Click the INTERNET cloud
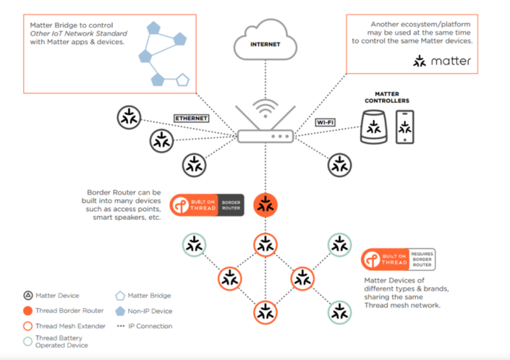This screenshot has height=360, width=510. [265, 45]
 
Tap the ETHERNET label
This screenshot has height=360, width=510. [192, 118]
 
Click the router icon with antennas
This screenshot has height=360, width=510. [265, 127]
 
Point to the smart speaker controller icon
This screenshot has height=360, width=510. [373, 129]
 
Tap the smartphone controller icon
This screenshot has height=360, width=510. [404, 128]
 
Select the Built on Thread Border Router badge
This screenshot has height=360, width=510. [207, 205]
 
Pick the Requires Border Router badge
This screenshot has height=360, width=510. [399, 260]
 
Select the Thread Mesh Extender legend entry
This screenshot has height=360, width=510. [62, 326]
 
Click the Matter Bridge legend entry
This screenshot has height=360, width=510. [145, 295]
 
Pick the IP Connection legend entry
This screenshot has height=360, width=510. [145, 326]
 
